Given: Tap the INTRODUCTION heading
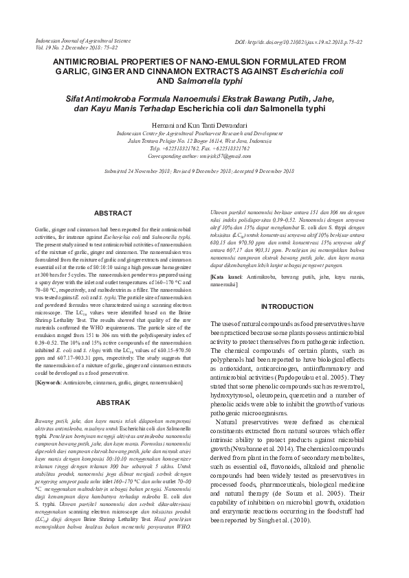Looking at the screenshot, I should [x=287, y=306].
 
